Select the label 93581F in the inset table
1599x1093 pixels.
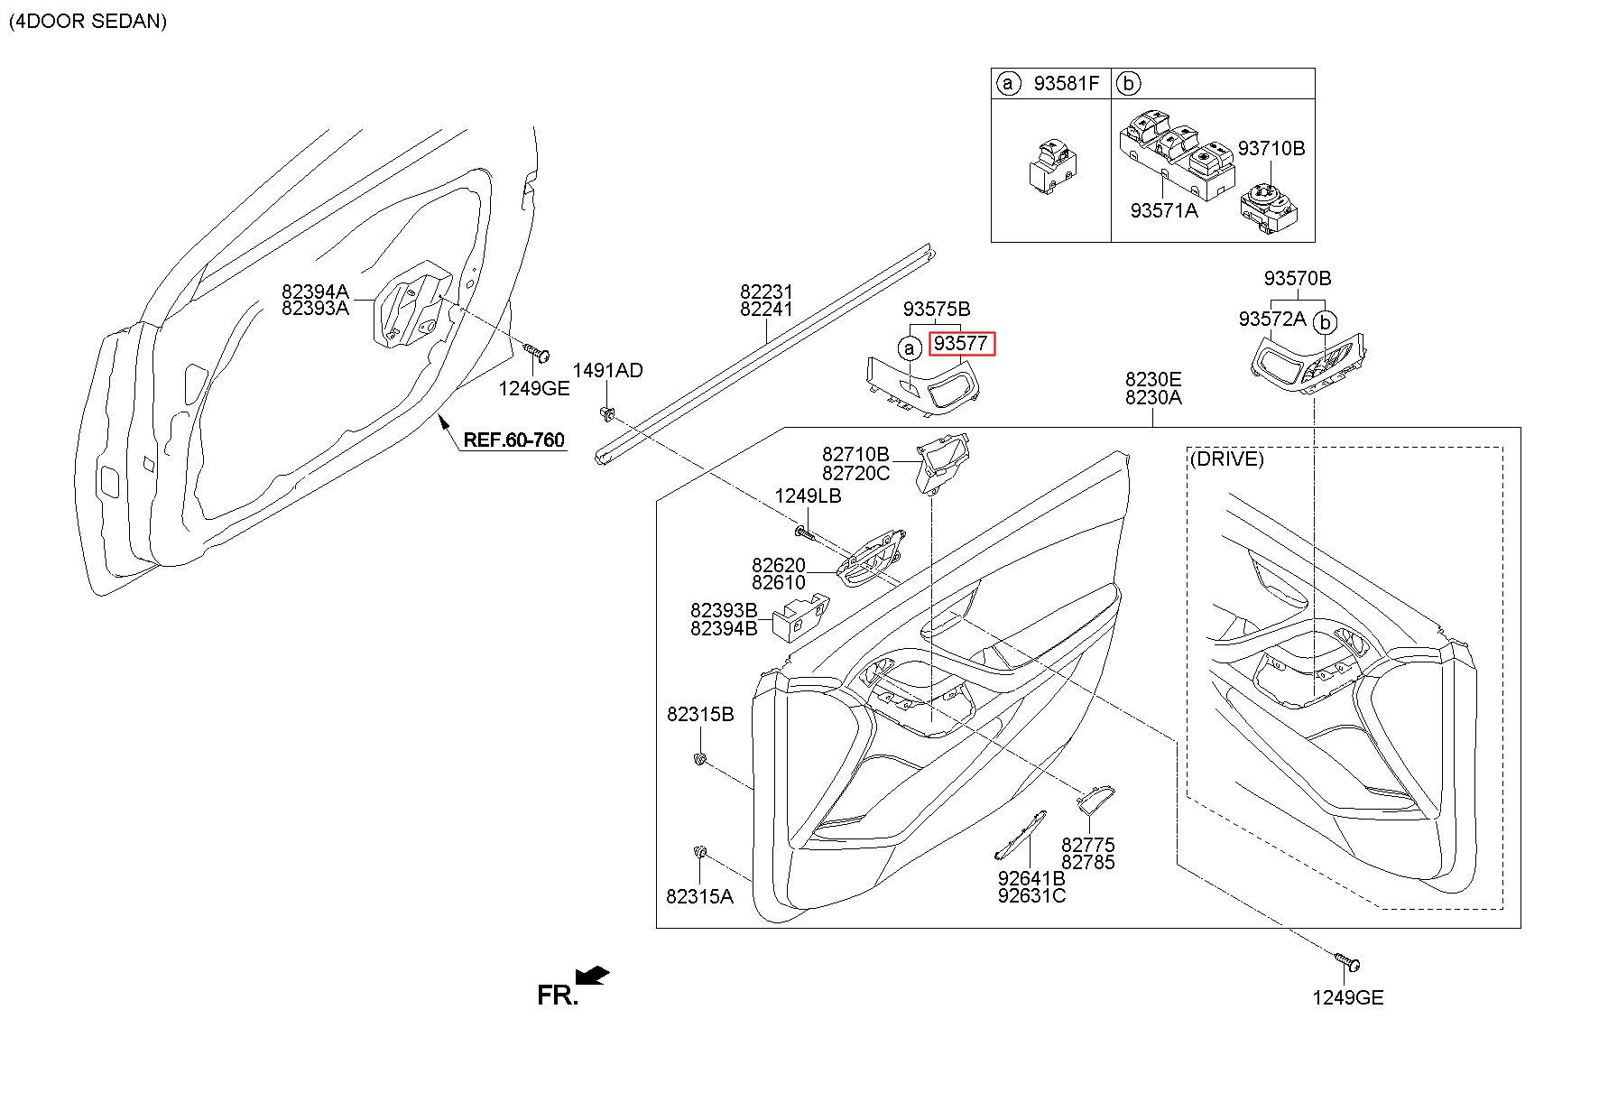[x=1067, y=84]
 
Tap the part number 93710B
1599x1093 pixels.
[x=1271, y=148]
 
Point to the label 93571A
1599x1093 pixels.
[x=1164, y=210]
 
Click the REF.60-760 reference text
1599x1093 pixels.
[x=513, y=440]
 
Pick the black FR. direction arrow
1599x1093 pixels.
[x=592, y=976]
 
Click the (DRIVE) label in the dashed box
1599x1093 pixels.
[x=1226, y=459]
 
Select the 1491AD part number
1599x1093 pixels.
[x=608, y=371]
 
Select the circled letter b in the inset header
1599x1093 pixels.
[x=1128, y=84]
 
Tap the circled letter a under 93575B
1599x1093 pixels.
[x=910, y=348]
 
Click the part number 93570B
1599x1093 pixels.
[x=1298, y=279]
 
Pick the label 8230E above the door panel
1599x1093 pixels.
[x=1153, y=380]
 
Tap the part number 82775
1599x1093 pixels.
[x=1088, y=846]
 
